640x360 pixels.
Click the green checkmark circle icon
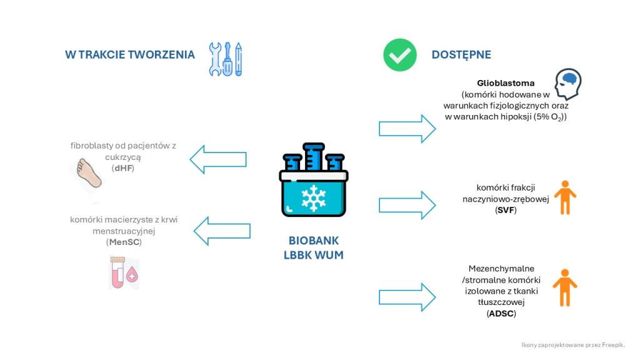coord(400,55)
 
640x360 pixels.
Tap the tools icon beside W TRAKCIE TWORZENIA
coord(226,59)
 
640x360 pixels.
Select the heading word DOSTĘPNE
coord(461,55)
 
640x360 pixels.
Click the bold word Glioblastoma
coord(506,83)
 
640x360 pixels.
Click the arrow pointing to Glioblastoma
coord(407,129)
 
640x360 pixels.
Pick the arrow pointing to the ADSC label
coord(407,297)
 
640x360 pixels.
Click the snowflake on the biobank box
coord(313,197)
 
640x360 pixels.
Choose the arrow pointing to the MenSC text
coord(222,231)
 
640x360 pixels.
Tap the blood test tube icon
coord(123,273)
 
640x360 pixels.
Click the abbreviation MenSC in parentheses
coord(124,242)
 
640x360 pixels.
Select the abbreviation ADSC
coord(501,314)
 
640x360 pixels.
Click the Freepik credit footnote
coord(572,344)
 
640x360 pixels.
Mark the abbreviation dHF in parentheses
coord(124,169)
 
